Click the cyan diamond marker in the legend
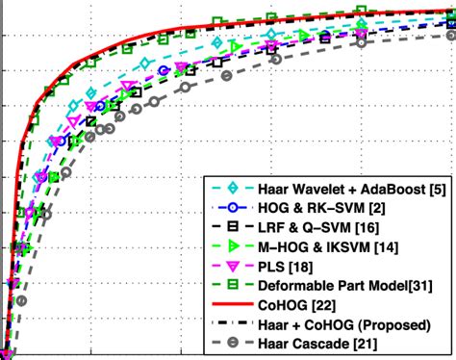click(226, 189)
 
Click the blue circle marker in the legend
click(226, 208)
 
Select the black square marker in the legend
click(226, 227)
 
